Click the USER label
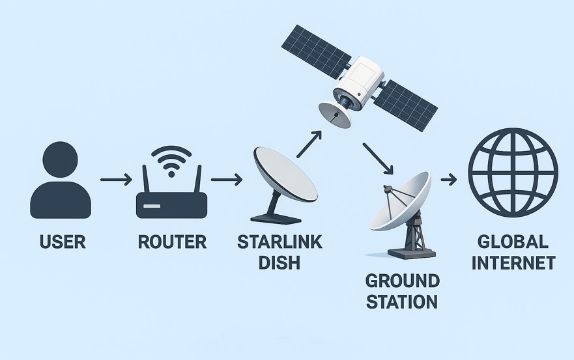coord(63,242)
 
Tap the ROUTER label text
coord(172,242)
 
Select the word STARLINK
coord(280,242)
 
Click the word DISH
coord(280,262)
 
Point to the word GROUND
coord(402,281)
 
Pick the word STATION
coord(402,302)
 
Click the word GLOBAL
coord(513,242)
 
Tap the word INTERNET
coord(513,263)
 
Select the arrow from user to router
coord(116,180)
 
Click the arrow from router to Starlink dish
coord(227,180)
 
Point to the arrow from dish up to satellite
coord(309,144)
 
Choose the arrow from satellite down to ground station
coord(378,158)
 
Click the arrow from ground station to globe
coord(449,180)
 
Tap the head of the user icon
coord(61,159)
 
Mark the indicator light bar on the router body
coord(152,206)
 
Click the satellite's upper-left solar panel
coord(317,51)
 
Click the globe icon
coord(513,173)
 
